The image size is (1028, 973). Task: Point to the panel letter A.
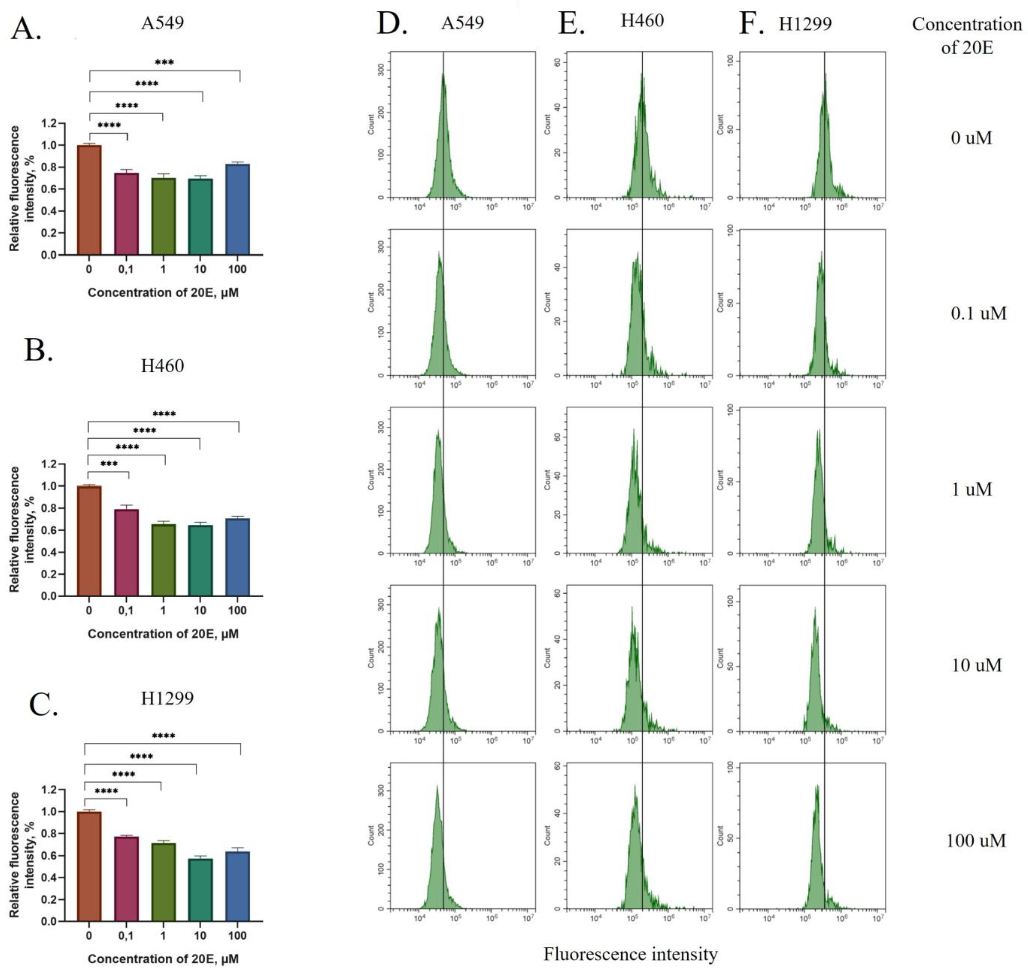point(26,29)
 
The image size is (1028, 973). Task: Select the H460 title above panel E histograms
point(642,21)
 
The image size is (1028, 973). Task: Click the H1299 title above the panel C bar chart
point(167,698)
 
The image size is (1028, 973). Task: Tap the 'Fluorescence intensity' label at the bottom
point(631,954)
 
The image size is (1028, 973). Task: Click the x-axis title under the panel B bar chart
point(163,634)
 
